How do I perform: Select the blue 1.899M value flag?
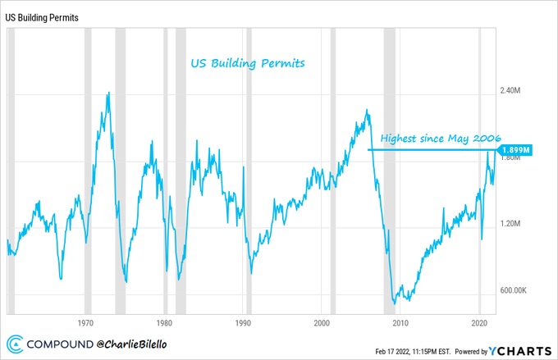[x=515, y=150]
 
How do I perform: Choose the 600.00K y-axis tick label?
[x=517, y=290]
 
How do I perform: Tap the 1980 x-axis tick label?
[x=165, y=322]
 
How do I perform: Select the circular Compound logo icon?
[x=15, y=344]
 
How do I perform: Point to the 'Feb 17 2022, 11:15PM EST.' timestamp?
[x=410, y=349]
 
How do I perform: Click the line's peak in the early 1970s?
[x=108, y=93]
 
